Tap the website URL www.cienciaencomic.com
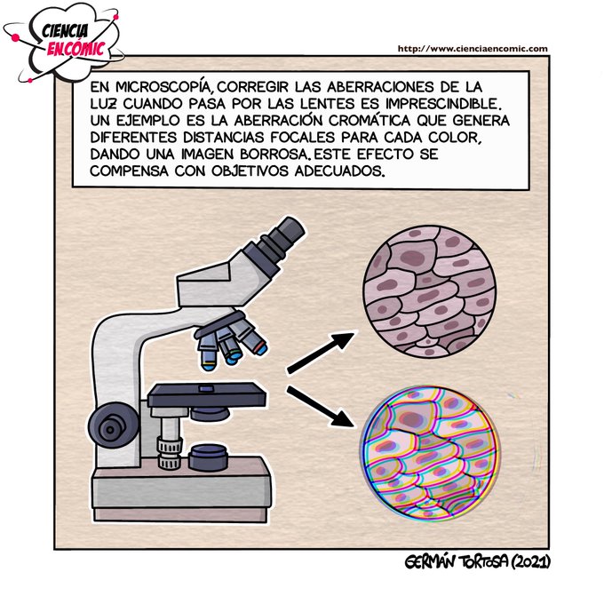tap(471, 49)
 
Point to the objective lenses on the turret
tap(228, 345)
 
